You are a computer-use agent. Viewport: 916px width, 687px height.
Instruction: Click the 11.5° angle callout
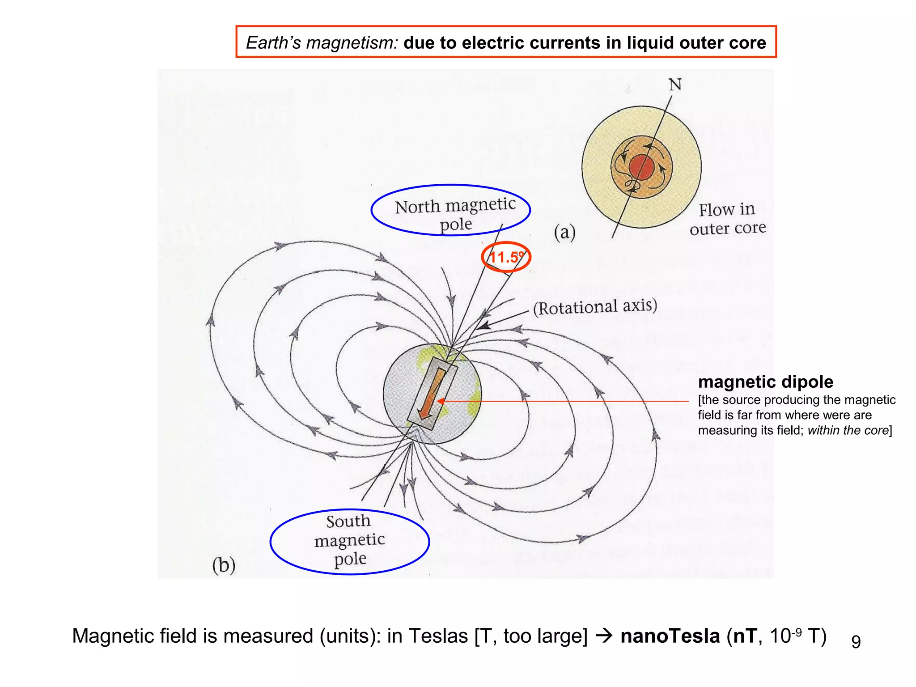point(506,257)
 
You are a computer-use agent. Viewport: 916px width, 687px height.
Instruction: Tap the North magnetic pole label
point(454,214)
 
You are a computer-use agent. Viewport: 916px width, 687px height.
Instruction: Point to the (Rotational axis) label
point(595,307)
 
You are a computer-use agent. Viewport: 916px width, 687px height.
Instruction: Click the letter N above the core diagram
point(675,85)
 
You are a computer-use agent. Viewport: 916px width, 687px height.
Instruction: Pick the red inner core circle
point(642,167)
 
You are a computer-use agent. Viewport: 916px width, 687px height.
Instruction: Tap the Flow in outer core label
point(727,219)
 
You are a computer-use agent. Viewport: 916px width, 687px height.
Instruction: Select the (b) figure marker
point(224,565)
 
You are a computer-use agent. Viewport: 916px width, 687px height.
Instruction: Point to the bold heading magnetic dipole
point(765,382)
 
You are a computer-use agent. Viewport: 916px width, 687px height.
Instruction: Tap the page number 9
point(856,641)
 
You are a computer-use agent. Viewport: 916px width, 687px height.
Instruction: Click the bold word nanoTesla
point(670,636)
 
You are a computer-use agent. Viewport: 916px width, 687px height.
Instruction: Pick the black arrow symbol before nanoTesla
point(604,636)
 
